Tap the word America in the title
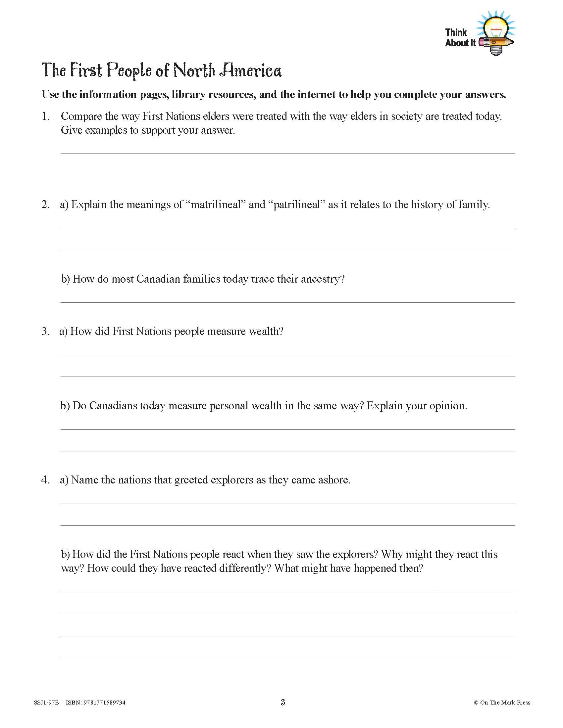[x=250, y=71]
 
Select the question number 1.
[x=45, y=116]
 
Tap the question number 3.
[x=45, y=331]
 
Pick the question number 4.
[x=45, y=480]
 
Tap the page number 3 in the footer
[x=283, y=703]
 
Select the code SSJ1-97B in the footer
[x=46, y=703]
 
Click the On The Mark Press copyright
[x=502, y=703]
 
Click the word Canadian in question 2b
[x=158, y=279]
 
